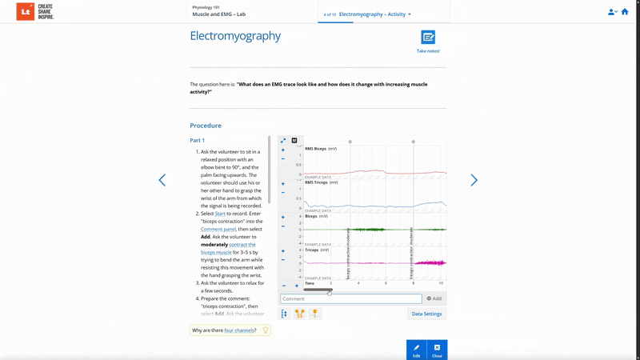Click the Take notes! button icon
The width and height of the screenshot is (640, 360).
[428, 38]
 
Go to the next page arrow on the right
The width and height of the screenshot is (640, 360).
[474, 180]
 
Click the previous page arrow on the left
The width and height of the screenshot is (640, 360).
[162, 180]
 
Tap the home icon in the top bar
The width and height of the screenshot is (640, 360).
[625, 12]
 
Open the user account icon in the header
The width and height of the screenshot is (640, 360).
[612, 12]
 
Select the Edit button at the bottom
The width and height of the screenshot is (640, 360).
[416, 350]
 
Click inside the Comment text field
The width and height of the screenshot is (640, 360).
[350, 298]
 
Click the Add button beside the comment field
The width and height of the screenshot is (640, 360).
[434, 298]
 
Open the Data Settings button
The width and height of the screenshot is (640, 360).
[426, 314]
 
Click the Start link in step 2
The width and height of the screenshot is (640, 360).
[220, 214]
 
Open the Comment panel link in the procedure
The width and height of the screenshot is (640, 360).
[218, 229]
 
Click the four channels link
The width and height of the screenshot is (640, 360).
[239, 330]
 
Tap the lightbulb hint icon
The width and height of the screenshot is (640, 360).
[266, 330]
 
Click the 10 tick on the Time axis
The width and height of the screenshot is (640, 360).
[441, 283]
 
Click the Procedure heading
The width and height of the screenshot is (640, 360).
[206, 126]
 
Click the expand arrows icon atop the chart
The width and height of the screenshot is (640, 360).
[283, 141]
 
